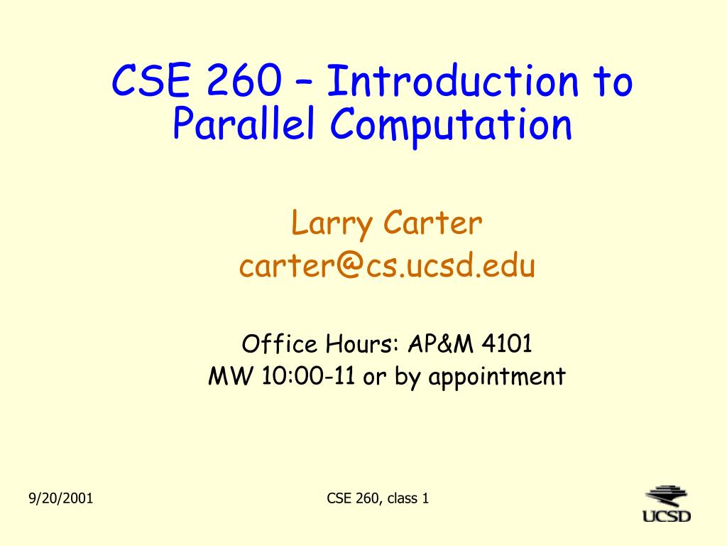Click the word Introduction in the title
click(x=453, y=81)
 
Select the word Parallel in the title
click(x=244, y=122)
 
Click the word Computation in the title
click(x=451, y=125)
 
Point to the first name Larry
click(x=332, y=224)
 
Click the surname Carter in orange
click(x=432, y=223)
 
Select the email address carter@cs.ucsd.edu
click(x=387, y=265)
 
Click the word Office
click(x=280, y=343)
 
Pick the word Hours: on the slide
click(x=363, y=343)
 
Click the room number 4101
click(x=507, y=343)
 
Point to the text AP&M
click(x=441, y=343)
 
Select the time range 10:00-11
click(x=308, y=375)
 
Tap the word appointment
click(x=497, y=377)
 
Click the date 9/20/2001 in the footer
click(x=61, y=498)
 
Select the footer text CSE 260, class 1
click(x=378, y=498)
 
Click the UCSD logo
click(x=667, y=504)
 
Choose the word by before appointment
click(x=408, y=377)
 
